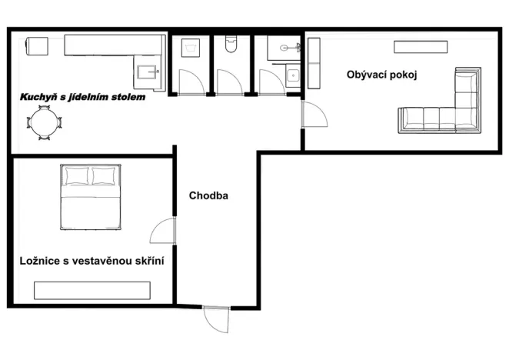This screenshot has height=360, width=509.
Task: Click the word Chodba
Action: pyautogui.click(x=208, y=195)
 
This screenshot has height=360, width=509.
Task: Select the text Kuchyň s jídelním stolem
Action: pyautogui.click(x=82, y=98)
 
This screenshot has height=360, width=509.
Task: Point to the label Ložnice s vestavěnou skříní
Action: pyautogui.click(x=91, y=262)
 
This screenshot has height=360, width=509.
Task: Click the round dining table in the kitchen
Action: pyautogui.click(x=43, y=122)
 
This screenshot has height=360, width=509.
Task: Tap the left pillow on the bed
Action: pyautogui.click(x=77, y=177)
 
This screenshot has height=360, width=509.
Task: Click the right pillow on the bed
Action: pyautogui.click(x=105, y=177)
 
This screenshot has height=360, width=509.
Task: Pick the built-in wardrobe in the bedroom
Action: pyautogui.click(x=91, y=290)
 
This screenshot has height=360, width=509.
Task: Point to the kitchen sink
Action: pyautogui.click(x=147, y=73)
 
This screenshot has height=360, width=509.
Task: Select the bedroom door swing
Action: pyautogui.click(x=162, y=232)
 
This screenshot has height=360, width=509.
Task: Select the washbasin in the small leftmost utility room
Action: pyautogui.click(x=189, y=48)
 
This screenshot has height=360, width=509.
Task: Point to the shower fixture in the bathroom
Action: pyautogui.click(x=286, y=48)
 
